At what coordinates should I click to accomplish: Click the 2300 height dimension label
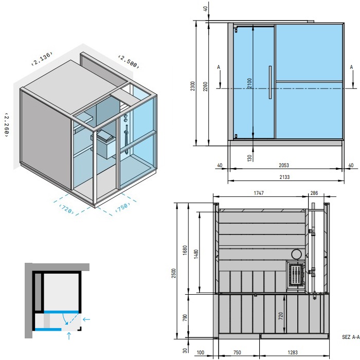[x=193, y=86]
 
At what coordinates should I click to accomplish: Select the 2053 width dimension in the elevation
[x=284, y=165]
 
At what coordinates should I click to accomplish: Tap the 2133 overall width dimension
[x=284, y=177]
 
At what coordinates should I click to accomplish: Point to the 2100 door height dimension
[x=250, y=83]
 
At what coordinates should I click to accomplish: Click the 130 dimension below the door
[x=250, y=158]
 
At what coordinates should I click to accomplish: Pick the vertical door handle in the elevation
[x=270, y=82]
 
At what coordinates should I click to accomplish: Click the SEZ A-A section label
[x=351, y=337]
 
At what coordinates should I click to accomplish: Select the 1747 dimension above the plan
[x=259, y=193]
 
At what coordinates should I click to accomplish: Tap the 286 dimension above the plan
[x=314, y=193]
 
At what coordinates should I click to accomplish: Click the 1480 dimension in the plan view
[x=196, y=254]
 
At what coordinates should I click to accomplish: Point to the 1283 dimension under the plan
[x=293, y=352]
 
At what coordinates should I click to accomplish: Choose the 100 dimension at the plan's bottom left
[x=201, y=352]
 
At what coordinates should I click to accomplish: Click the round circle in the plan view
[x=296, y=255]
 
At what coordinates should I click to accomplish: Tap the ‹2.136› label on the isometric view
[x=42, y=59]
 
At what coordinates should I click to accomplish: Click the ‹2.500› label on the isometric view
[x=129, y=62]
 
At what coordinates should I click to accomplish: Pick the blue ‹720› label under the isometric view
[x=66, y=209]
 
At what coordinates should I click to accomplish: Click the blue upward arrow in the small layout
[x=69, y=335]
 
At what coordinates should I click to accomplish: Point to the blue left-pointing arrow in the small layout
[x=86, y=319]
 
